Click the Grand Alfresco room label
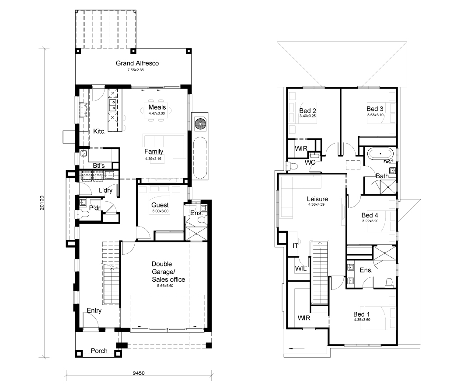point(137,63)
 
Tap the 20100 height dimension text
point(42,203)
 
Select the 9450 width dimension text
point(139,373)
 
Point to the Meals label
point(157,107)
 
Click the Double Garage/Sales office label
point(168,272)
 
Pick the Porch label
point(99,351)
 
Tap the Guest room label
point(160,205)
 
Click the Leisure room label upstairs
point(317,199)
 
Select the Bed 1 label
point(361,314)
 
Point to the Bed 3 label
point(375,109)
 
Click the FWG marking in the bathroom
point(387,162)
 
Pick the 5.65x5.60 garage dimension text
point(165,286)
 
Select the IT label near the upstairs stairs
point(295,246)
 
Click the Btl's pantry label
point(99,165)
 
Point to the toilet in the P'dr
point(85,214)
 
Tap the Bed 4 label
point(370,215)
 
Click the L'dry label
point(105,190)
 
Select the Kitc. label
point(99,131)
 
